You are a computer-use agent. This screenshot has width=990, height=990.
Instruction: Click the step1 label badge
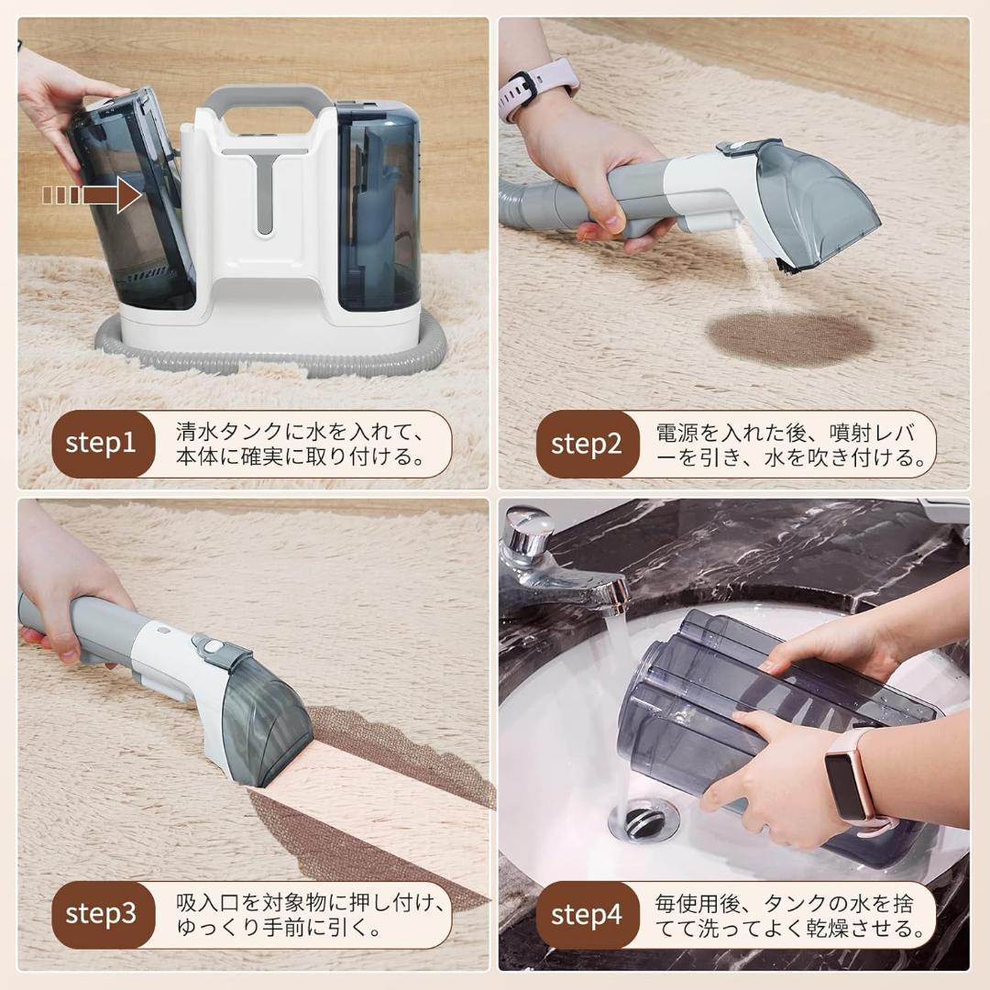[101, 445]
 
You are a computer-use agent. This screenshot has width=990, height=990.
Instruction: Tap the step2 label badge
[586, 445]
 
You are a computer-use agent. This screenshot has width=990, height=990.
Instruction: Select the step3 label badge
[101, 913]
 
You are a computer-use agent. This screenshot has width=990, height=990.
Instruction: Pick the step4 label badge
[586, 914]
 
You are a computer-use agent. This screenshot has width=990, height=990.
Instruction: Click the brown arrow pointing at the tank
[92, 195]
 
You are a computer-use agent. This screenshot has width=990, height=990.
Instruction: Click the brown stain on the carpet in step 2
[788, 339]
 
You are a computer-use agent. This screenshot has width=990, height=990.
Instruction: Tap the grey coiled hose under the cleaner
[275, 357]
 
